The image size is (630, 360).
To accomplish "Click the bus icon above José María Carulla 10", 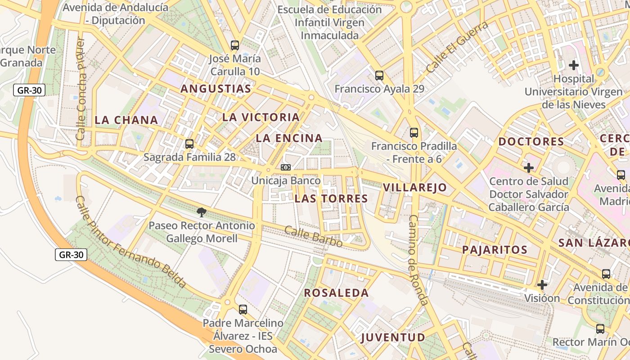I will click(235, 45).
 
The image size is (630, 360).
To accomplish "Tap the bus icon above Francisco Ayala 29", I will click(379, 75).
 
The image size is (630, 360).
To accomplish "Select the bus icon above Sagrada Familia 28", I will click(189, 144).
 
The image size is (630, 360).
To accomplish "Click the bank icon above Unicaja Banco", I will click(286, 167).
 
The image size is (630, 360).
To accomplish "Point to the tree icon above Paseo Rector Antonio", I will click(201, 212).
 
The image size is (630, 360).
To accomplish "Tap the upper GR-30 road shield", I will click(30, 90).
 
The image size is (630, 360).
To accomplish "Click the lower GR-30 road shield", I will click(72, 255).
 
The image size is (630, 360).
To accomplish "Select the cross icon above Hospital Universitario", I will click(574, 65).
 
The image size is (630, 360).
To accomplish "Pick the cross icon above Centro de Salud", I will click(529, 168).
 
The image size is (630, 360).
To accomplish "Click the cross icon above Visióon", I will click(542, 284).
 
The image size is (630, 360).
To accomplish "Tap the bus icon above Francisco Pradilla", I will click(414, 133).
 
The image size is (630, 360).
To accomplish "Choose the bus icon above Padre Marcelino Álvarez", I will click(243, 310).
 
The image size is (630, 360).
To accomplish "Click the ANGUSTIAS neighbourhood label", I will click(216, 89).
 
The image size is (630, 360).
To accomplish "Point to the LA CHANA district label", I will click(126, 120).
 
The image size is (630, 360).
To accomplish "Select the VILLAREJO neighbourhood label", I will click(415, 188).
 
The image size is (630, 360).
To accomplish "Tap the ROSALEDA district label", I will click(336, 293).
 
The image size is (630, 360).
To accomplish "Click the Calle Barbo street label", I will click(314, 237).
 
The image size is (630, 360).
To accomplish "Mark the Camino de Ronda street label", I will click(418, 260).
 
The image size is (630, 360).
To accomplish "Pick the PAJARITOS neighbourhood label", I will click(495, 250).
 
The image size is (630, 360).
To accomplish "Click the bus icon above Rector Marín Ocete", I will click(600, 329).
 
